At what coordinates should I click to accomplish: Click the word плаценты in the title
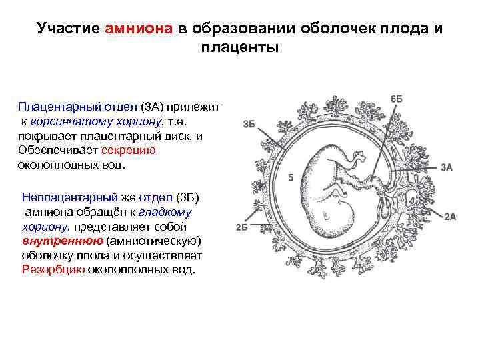click(x=239, y=48)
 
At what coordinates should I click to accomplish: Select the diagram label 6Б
click(x=396, y=99)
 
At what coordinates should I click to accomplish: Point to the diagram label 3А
click(x=447, y=168)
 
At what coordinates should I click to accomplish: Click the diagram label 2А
click(x=450, y=216)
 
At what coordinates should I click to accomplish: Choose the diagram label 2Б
click(x=242, y=227)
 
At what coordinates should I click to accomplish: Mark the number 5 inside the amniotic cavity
click(x=291, y=178)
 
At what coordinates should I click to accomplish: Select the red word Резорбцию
click(x=53, y=270)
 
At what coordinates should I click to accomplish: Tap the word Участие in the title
click(x=69, y=29)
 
